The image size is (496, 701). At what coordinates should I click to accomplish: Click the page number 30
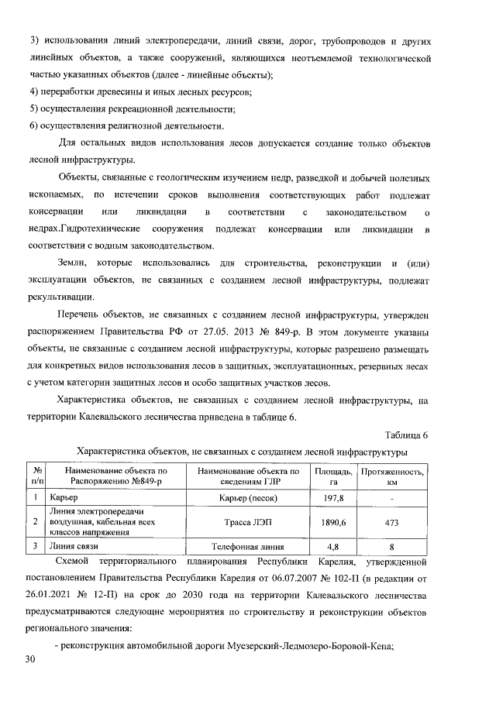(x=30, y=658)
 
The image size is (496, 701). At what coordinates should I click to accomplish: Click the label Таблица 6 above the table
(x=405, y=435)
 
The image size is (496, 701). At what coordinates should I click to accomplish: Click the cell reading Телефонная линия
(x=248, y=546)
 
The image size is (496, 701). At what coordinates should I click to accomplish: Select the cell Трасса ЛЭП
(x=248, y=522)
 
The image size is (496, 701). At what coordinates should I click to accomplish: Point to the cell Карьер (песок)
(x=248, y=497)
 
